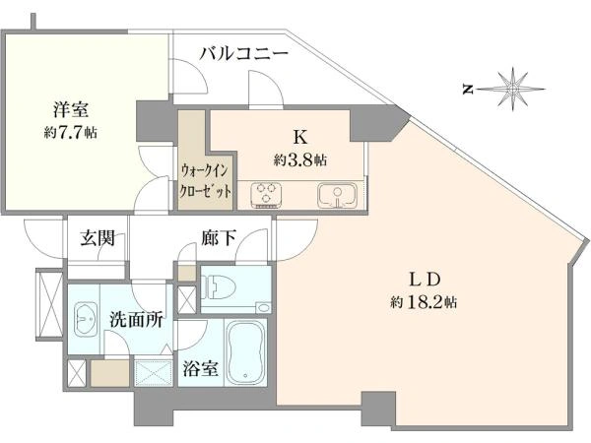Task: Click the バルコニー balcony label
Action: coord(244,54)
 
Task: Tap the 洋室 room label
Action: coord(71,110)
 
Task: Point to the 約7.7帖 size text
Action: coord(70,132)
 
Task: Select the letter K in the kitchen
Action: coord(299,138)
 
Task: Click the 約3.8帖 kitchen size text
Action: coord(300,160)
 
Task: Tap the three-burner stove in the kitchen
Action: coord(266,194)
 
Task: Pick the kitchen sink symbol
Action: coord(337,195)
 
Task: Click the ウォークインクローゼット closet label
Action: coord(205,181)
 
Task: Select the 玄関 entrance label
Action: coord(98,238)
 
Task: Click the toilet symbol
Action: coord(219,289)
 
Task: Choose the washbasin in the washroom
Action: coord(86,319)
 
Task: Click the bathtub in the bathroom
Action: coord(245,351)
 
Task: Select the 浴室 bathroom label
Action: coord(201,368)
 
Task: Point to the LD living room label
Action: coord(425,280)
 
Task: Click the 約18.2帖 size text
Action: coord(424,302)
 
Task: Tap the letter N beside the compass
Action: coord(468,90)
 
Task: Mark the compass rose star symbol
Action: coord(512,90)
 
